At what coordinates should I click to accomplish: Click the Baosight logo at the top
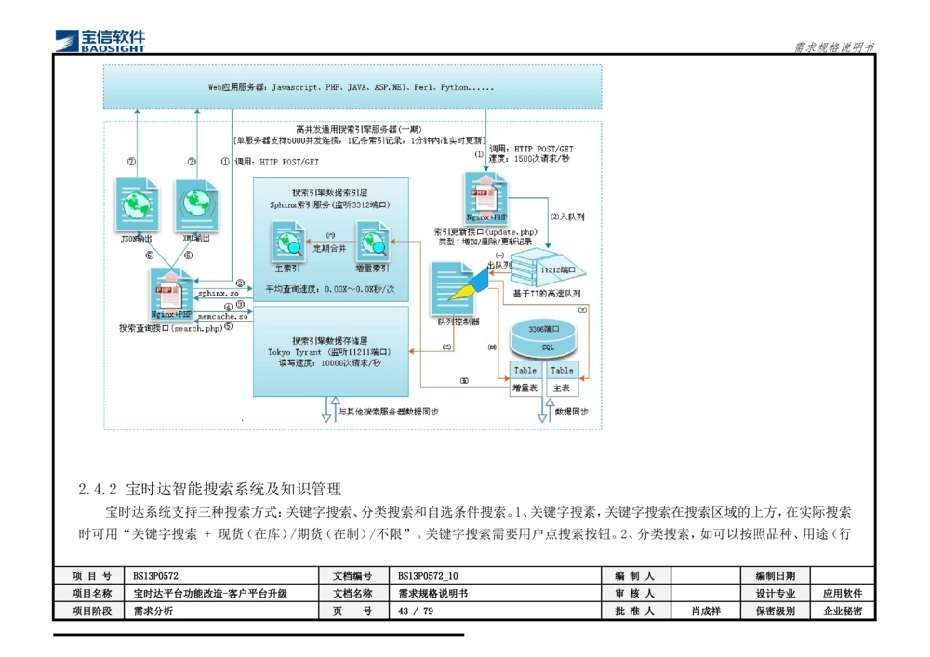coord(100,39)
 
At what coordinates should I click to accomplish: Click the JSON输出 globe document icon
coord(137,204)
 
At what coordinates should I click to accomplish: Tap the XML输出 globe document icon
coord(197,204)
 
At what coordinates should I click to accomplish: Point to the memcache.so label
coord(222,317)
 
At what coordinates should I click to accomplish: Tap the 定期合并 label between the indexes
coord(328,248)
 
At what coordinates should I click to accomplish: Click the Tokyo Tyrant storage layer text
coord(329,352)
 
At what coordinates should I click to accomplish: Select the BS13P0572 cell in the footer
coord(221,576)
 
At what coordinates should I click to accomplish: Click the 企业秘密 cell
coord(843,611)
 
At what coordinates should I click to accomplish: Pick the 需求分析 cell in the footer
coord(221,611)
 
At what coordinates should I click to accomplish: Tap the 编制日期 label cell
coord(774,576)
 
